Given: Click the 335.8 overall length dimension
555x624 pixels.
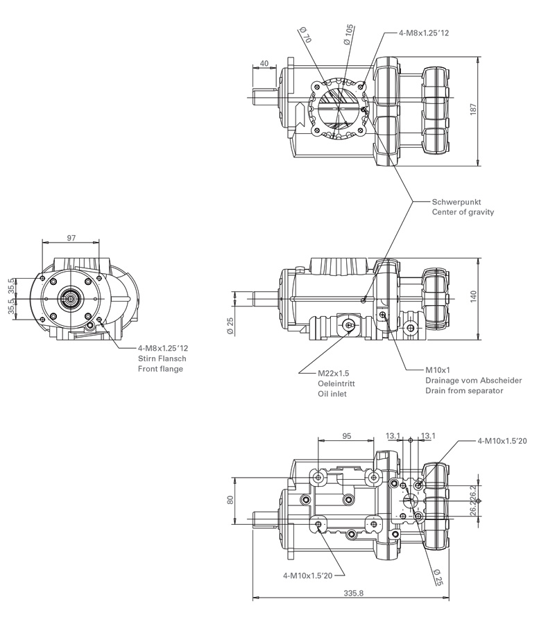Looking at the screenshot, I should click(353, 592).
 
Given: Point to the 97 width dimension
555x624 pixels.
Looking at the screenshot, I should click(71, 238).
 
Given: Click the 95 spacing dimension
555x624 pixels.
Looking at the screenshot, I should click(347, 436).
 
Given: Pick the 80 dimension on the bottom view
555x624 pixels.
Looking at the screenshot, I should click(230, 499).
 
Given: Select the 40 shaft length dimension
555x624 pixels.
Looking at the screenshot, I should click(264, 63).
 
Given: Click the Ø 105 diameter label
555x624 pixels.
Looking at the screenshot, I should click(348, 34).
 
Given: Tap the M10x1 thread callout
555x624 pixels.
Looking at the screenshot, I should click(438, 370).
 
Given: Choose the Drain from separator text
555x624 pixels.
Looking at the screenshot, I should click(464, 391).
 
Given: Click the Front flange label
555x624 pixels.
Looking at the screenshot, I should click(160, 369).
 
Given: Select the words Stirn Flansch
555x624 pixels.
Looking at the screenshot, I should click(162, 358).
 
